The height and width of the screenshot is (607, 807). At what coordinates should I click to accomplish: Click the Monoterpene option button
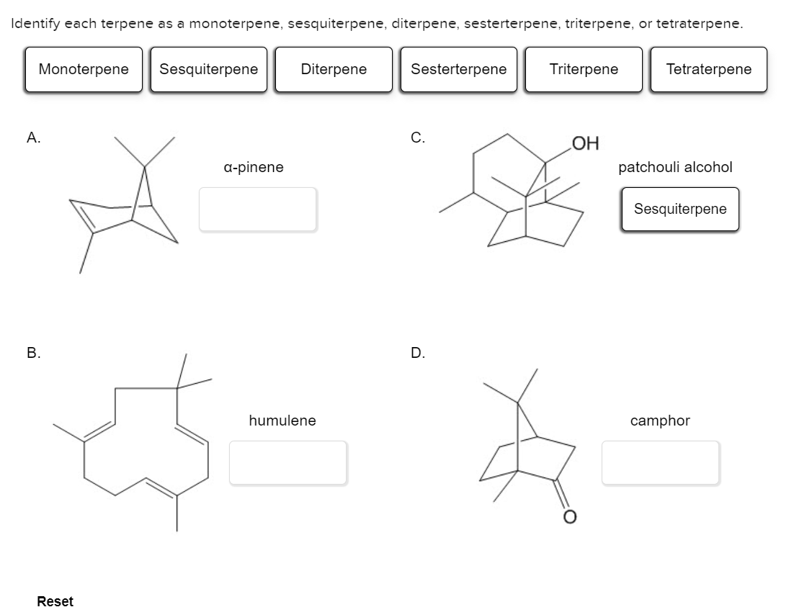[x=84, y=70]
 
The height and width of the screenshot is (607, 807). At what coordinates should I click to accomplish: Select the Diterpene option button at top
[x=334, y=70]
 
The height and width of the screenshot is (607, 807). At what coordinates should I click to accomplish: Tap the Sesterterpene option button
[x=458, y=70]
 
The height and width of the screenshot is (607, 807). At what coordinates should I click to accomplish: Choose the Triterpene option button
[x=584, y=70]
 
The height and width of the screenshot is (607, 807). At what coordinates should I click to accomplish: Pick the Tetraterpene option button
[x=708, y=70]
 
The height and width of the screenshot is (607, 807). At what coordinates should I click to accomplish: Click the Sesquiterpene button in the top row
[x=208, y=70]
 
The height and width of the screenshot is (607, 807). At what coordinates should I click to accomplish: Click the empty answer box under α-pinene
[x=257, y=210]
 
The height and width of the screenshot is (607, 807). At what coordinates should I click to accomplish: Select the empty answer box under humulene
[x=288, y=462]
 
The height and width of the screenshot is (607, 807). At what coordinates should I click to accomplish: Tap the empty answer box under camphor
[x=660, y=462]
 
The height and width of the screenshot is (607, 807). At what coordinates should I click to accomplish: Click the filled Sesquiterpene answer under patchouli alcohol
[x=680, y=210]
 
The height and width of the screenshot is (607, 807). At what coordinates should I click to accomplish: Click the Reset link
[x=55, y=601]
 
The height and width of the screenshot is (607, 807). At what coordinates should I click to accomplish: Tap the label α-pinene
[x=254, y=167]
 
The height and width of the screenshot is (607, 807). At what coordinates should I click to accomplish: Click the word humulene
[x=282, y=421]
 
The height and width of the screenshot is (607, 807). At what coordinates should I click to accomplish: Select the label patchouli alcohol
[x=675, y=167]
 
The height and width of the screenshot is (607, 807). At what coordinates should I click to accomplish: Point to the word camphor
[x=660, y=421]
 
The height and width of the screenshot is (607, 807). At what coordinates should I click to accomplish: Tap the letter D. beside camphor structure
[x=417, y=353]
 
